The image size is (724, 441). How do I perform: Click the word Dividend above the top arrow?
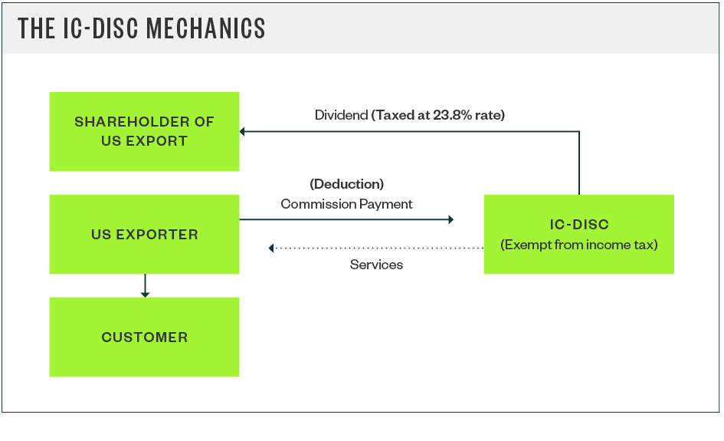[341, 115]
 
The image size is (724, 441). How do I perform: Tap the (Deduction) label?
[346, 184]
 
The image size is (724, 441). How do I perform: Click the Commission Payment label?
[346, 204]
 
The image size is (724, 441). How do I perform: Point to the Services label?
[376, 265]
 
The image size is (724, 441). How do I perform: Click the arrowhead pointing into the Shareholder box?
[243, 132]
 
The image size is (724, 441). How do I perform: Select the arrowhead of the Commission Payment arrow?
[450, 219]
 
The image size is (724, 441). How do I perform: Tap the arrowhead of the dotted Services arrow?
[271, 248]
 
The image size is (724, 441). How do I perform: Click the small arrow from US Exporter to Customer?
[145, 287]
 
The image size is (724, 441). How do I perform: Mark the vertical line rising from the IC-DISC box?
[579, 163]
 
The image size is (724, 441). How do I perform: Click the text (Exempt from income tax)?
[578, 245]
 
